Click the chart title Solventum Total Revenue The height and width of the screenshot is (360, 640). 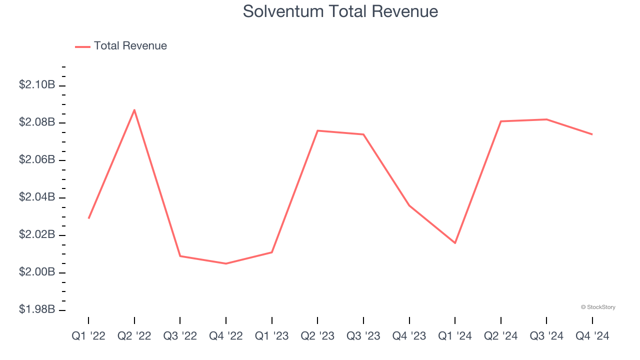[340, 11]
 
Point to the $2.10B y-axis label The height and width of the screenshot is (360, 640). [37, 85]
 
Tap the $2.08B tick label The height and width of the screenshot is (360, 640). [37, 122]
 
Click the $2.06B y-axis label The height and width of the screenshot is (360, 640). [37, 160]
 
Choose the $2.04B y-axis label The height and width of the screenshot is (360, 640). [37, 197]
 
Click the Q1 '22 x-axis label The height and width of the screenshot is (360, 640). [88, 336]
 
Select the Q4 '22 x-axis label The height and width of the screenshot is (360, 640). [226, 336]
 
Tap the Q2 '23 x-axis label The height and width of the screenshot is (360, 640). [317, 336]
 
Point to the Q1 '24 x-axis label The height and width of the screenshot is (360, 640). [455, 336]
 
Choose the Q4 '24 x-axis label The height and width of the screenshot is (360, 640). [592, 336]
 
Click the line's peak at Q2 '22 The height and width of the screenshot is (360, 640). [134, 110]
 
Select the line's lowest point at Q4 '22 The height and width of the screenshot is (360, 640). [226, 263]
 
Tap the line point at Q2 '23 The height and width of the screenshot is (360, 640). [317, 130]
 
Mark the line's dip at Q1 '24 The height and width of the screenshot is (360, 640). [455, 243]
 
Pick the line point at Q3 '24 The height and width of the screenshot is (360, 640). [546, 119]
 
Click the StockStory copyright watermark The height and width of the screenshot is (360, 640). [598, 307]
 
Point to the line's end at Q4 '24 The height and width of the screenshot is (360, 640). [592, 134]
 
